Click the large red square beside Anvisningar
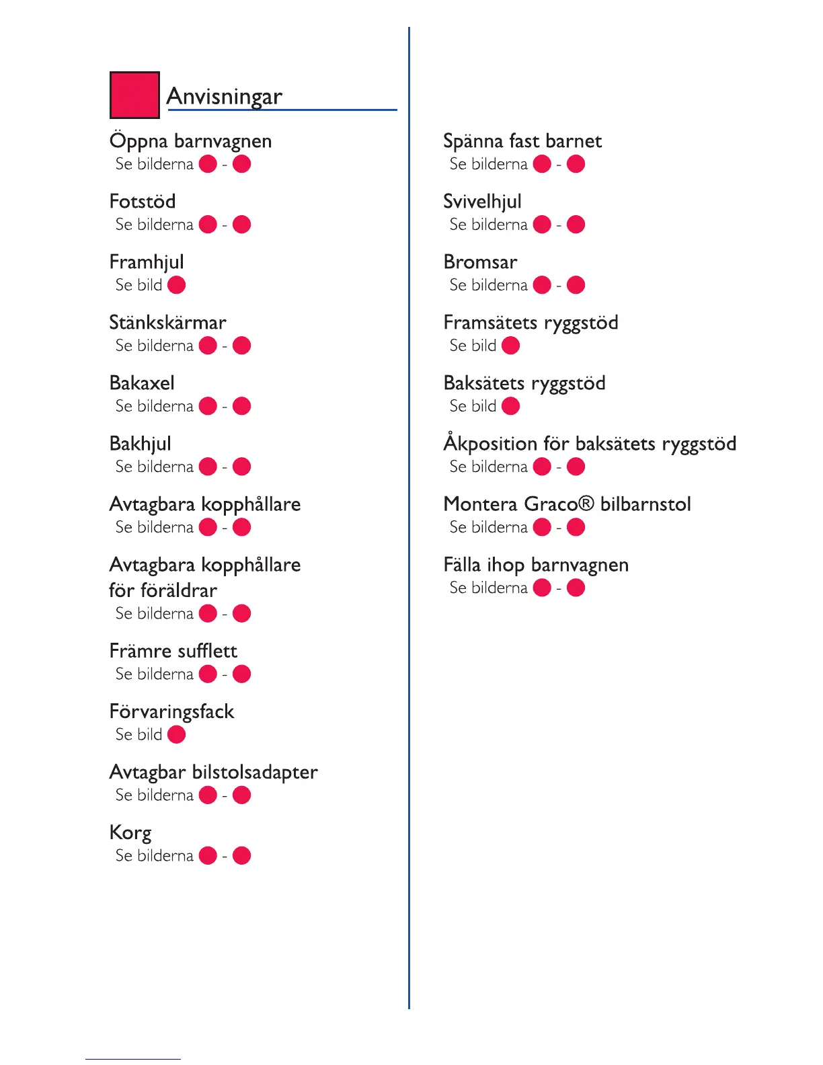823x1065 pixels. (134, 95)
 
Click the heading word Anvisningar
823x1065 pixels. (224, 97)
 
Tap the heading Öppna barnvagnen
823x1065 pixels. (190, 141)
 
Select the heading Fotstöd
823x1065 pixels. (143, 202)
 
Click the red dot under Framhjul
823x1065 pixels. (176, 285)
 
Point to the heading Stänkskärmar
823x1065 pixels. (167, 323)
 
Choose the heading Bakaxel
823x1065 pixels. (142, 383)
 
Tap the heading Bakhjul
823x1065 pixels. (140, 444)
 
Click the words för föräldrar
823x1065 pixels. (163, 590)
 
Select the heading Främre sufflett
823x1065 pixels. (173, 651)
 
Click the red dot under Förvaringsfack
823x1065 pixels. (176, 734)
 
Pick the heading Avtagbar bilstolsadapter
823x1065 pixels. (213, 772)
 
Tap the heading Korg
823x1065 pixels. (130, 833)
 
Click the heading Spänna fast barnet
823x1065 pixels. (522, 141)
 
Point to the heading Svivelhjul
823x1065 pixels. (482, 202)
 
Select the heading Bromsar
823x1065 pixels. (480, 262)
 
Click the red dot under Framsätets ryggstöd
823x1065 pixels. (510, 346)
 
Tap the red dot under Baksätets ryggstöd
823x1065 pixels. (510, 406)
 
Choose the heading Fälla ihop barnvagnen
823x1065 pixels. (536, 565)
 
